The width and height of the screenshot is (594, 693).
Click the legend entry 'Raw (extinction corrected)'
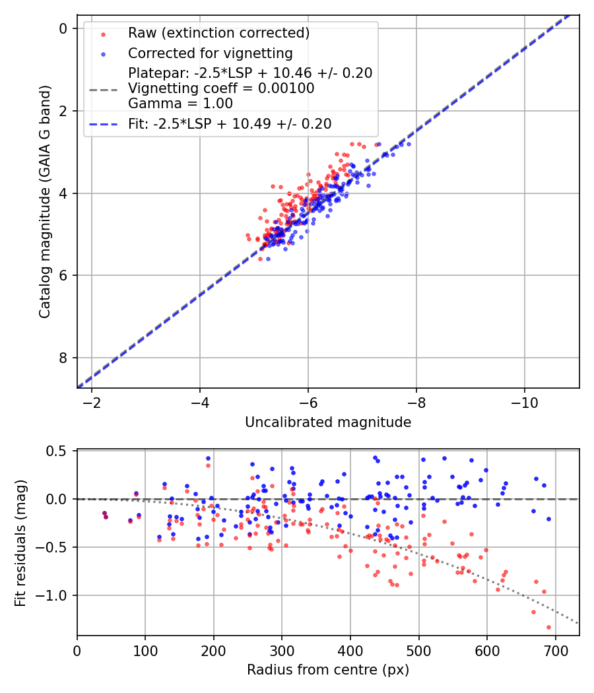pyautogui.click(x=218, y=33)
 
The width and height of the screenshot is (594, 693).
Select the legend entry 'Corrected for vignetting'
pyautogui.click(x=210, y=53)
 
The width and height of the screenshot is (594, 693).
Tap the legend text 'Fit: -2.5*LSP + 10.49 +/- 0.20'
pyautogui.click(x=230, y=123)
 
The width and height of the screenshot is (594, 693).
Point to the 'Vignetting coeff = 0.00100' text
pyautogui.click(x=221, y=88)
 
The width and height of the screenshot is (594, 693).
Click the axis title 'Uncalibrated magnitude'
pyautogui.click(x=328, y=422)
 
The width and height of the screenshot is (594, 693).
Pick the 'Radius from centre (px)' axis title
pyautogui.click(x=328, y=670)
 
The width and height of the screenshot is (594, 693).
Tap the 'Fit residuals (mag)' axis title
pyautogui.click(x=20, y=542)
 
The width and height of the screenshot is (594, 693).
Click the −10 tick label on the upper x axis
pyautogui.click(x=525, y=402)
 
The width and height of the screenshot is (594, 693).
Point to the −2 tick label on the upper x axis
pyautogui.click(x=92, y=402)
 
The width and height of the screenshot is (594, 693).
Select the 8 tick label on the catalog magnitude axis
pyautogui.click(x=63, y=358)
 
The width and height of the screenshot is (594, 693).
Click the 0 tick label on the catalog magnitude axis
pyautogui.click(x=63, y=28)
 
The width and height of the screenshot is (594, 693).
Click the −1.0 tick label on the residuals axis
pyautogui.click(x=54, y=596)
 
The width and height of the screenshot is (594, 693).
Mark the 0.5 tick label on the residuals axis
pyautogui.click(x=58, y=451)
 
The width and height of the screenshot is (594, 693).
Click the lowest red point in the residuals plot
pyautogui.click(x=548, y=627)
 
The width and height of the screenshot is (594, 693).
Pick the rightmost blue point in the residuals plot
pyautogui.click(x=548, y=519)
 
